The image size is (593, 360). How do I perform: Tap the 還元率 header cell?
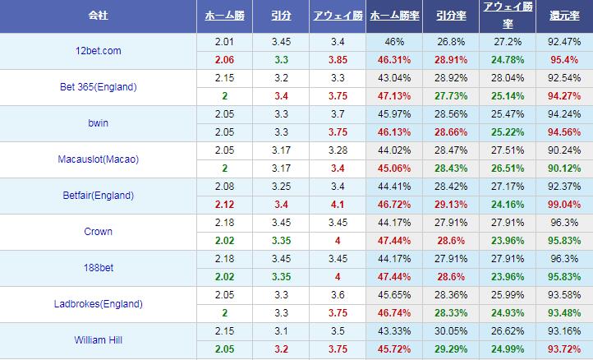tap(564, 16)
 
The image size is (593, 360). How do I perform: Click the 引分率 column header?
tap(452, 16)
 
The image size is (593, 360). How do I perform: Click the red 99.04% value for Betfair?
tap(564, 205)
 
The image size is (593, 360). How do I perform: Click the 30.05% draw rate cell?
tap(452, 331)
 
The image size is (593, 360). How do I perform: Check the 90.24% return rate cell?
tap(564, 150)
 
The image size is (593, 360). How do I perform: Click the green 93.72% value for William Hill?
tap(564, 349)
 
